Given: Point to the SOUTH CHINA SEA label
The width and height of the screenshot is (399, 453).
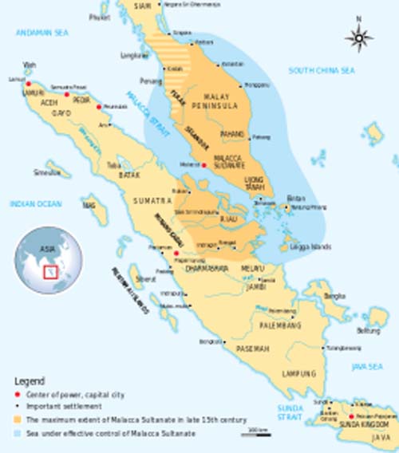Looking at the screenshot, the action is (x=322, y=71).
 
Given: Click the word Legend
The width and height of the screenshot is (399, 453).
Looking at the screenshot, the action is (x=30, y=381).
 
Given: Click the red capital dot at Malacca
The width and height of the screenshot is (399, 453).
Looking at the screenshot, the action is (x=205, y=165).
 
